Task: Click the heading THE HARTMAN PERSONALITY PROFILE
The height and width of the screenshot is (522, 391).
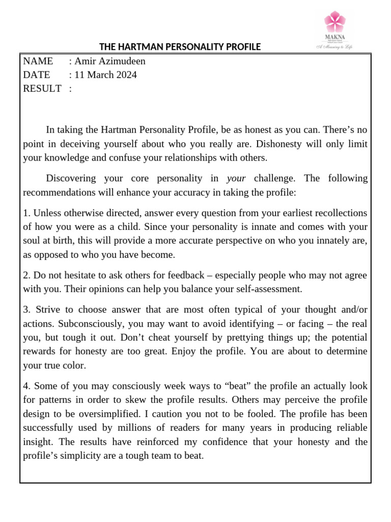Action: pos(180,47)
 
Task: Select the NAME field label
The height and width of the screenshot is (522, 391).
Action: pos(38,62)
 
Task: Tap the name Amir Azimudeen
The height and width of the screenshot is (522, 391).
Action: pos(109,62)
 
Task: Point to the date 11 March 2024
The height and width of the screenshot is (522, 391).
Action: pos(105,75)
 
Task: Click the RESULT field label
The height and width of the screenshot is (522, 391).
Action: pos(42,89)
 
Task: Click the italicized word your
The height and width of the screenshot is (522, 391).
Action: pos(236,178)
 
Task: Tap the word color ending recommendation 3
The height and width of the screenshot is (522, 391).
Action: pos(76,365)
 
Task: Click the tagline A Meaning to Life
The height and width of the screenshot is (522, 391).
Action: pos(334,46)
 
